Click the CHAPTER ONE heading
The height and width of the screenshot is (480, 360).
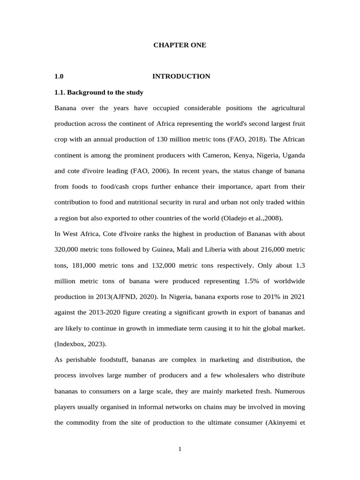coord(180,45)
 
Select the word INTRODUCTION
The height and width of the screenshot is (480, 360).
coord(181,76)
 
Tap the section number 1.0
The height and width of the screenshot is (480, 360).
coord(59,76)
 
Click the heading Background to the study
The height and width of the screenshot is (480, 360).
coord(99,92)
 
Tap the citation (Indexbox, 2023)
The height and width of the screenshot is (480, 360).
coord(80,344)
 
